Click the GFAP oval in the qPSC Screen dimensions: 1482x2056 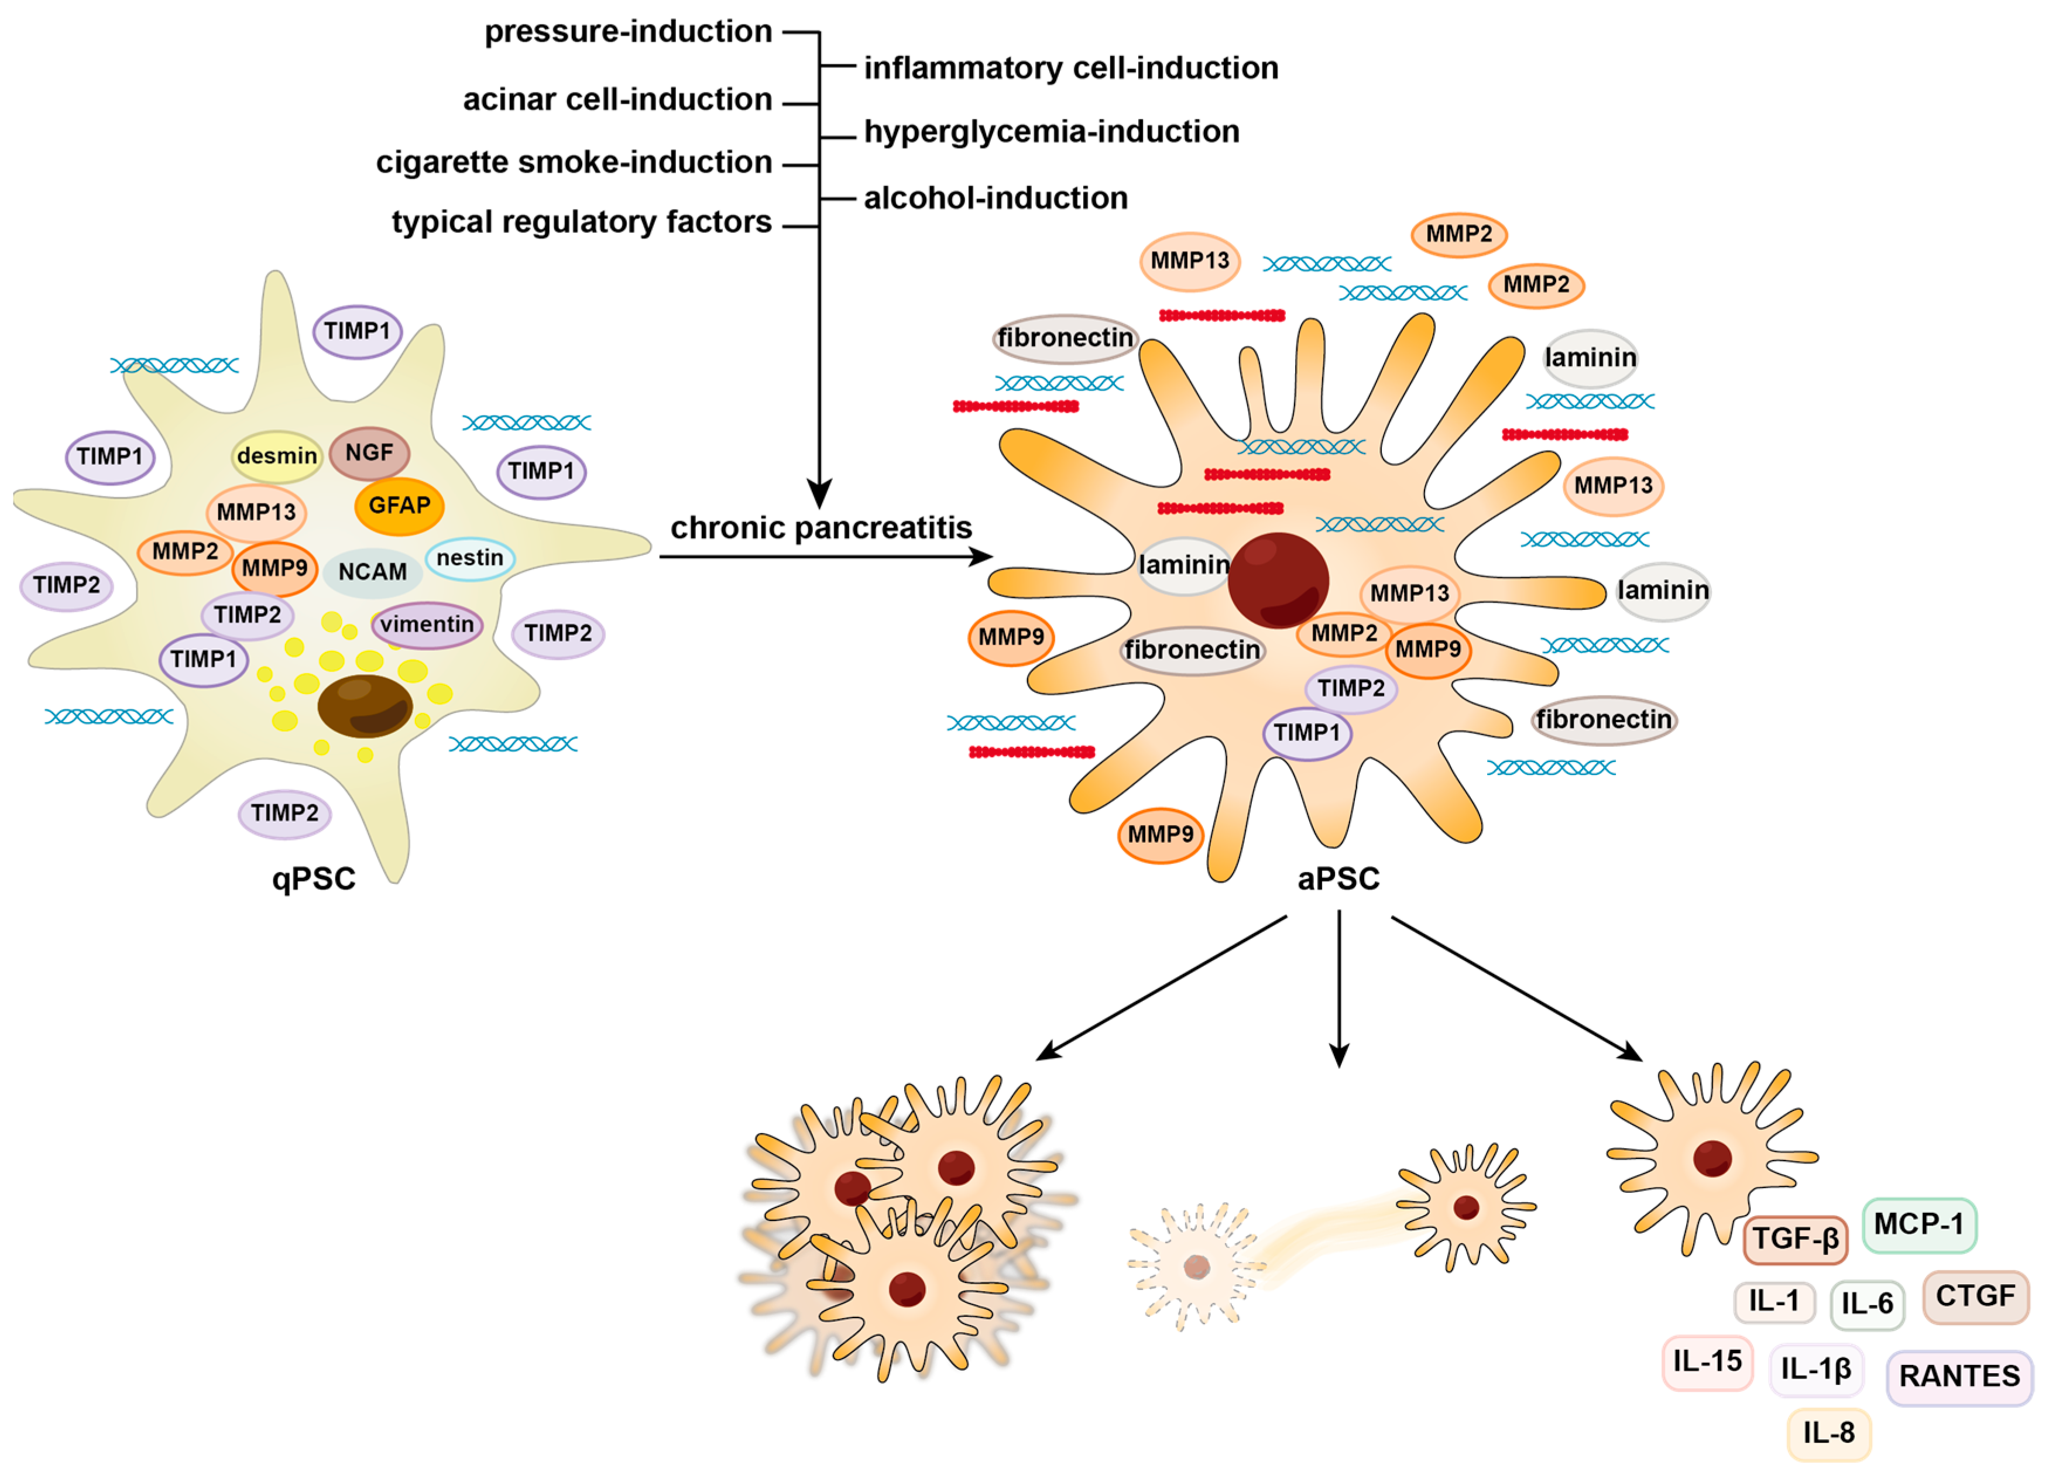point(399,506)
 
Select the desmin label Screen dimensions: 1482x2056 point(277,456)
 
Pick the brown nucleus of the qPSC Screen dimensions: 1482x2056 point(365,705)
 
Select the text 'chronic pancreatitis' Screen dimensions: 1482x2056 point(821,527)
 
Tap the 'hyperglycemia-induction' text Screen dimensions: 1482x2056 point(1052,132)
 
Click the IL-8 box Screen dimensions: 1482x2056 point(1828,1433)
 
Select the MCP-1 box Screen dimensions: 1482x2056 point(1918,1224)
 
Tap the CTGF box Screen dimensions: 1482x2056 point(1975,1296)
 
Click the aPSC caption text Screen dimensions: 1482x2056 point(1338,879)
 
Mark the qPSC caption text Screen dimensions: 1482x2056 point(314,879)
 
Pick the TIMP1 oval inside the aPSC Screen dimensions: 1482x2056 point(1306,732)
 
